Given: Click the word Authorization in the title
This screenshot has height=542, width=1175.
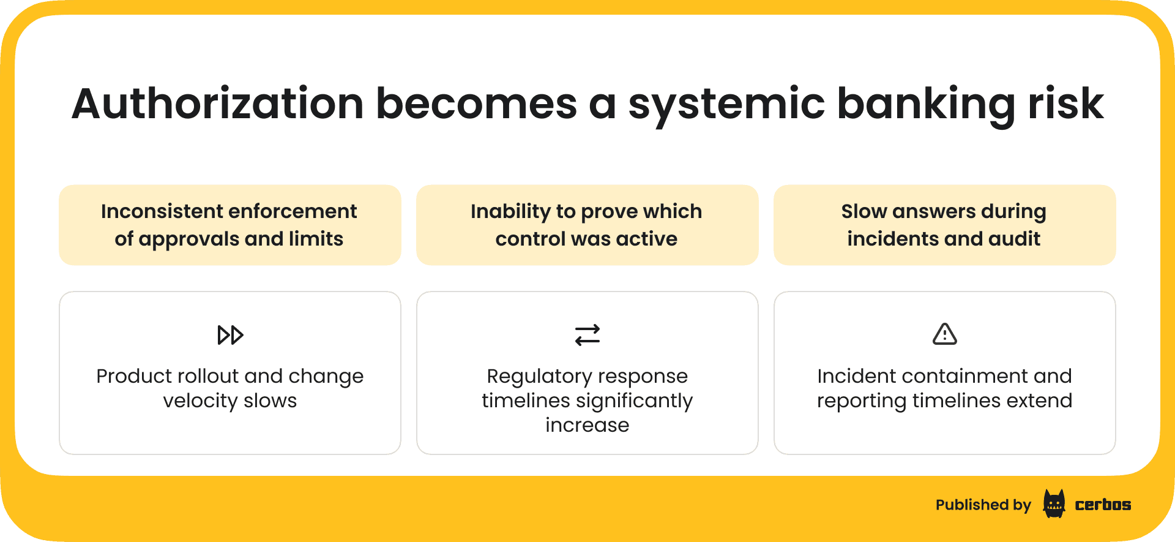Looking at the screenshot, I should tap(218, 104).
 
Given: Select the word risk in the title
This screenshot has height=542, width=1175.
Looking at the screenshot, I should tap(1065, 104).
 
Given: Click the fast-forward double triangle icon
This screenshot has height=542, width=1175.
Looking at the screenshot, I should tap(230, 335).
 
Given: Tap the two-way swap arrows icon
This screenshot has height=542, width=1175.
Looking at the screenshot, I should tap(587, 335).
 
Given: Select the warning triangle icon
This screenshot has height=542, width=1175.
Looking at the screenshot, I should tap(944, 334).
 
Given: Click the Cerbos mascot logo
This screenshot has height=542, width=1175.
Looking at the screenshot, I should tap(1054, 504).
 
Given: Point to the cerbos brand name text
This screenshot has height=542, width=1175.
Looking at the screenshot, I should tap(1103, 505).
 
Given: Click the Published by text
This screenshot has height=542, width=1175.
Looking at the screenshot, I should tap(983, 505).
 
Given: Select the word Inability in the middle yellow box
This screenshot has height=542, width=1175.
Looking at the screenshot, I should tap(510, 211).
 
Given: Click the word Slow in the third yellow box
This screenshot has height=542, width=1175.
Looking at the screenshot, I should tap(864, 211).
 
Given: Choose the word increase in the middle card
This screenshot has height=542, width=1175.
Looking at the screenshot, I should tap(587, 425).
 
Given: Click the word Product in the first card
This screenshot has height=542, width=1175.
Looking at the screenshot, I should tap(133, 376).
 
